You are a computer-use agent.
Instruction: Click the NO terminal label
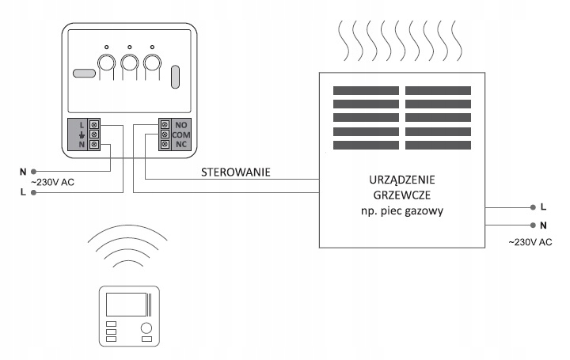click(181, 125)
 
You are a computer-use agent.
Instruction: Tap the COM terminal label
click(181, 135)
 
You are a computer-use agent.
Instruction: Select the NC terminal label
click(181, 144)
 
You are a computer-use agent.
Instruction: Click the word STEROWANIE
click(236, 172)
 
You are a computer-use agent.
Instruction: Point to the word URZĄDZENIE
click(401, 180)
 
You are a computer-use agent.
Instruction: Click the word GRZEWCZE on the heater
click(401, 195)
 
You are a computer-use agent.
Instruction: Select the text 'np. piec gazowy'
click(402, 211)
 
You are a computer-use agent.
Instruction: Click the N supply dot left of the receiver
click(33, 172)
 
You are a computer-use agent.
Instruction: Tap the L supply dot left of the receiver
click(33, 192)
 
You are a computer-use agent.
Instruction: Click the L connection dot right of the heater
click(533, 207)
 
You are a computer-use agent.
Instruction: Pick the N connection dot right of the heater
click(533, 225)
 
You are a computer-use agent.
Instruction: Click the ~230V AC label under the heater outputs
click(530, 242)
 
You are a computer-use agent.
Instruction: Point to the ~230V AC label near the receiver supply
click(53, 182)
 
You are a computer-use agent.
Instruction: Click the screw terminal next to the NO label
click(165, 124)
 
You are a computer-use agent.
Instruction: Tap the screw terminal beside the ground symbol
click(94, 135)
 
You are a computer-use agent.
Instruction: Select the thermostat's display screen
click(127, 305)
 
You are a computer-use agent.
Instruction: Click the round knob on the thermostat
click(146, 328)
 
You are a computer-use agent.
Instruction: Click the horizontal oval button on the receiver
click(84, 73)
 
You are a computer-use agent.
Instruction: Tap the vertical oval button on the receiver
click(175, 77)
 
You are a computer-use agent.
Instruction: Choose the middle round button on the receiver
click(129, 63)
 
